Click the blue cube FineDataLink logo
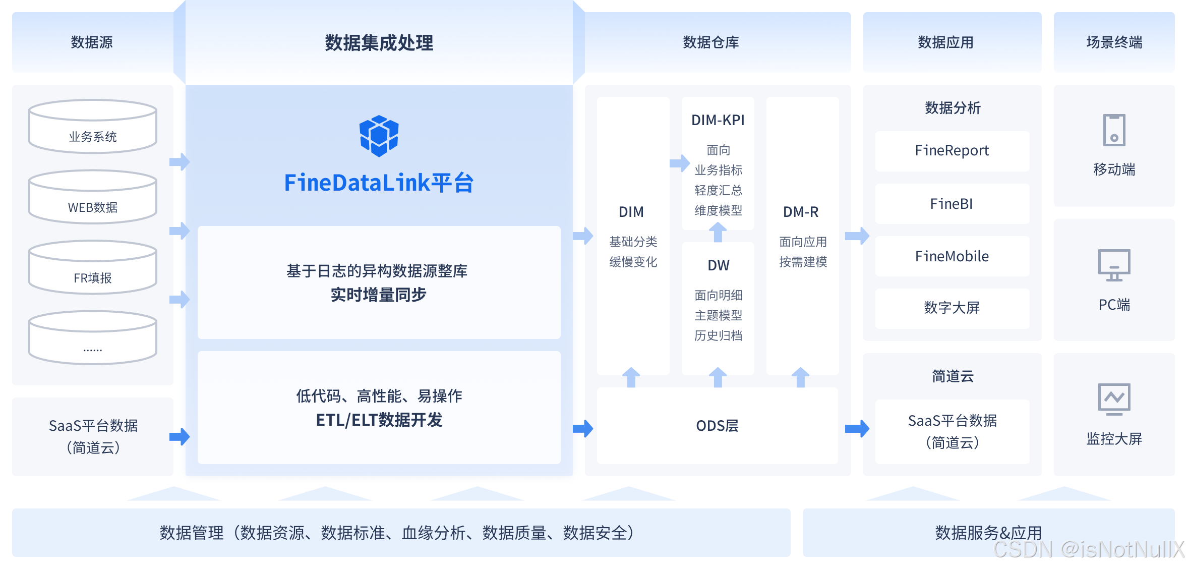(x=379, y=136)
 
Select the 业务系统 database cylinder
(x=93, y=127)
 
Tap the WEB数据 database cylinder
(x=93, y=197)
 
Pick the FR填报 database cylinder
(x=93, y=268)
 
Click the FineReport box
(x=952, y=151)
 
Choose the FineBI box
(x=952, y=204)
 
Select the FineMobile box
(x=952, y=256)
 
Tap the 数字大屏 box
(x=952, y=308)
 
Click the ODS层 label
(x=717, y=426)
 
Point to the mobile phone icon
(x=1114, y=130)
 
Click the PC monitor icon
(x=1114, y=265)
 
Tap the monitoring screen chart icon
(x=1114, y=400)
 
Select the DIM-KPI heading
(x=718, y=121)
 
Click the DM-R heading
(x=801, y=212)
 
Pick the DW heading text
(x=718, y=265)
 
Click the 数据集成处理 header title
(x=379, y=43)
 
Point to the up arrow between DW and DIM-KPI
(x=718, y=233)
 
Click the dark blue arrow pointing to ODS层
(x=583, y=429)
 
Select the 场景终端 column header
(x=1114, y=42)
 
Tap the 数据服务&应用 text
(x=988, y=533)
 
